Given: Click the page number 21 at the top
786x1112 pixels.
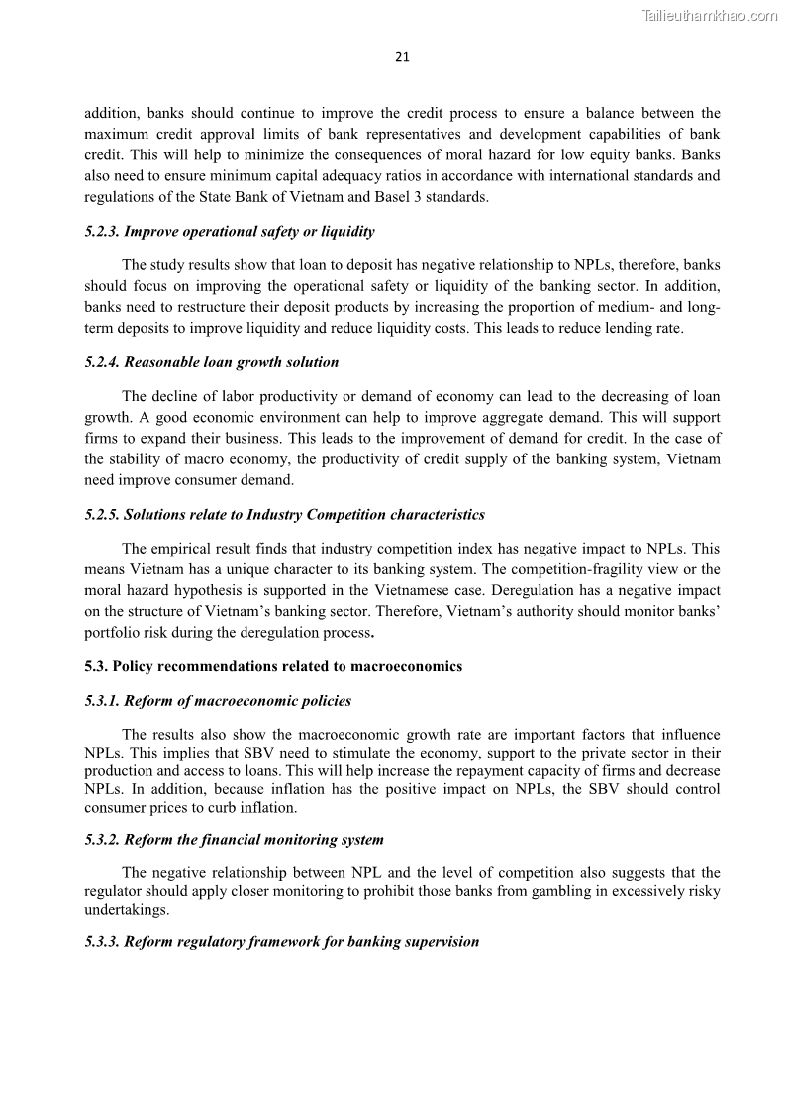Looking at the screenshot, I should [402, 57].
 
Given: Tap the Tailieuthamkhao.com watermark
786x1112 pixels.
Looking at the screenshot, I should [710, 15].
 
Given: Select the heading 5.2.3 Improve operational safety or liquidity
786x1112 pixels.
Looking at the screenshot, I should [230, 232].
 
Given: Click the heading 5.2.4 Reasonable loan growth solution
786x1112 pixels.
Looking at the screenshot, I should [212, 362].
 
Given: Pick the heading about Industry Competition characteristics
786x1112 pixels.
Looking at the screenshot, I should [285, 515].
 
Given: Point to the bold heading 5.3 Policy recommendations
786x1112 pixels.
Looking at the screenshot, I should [273, 666].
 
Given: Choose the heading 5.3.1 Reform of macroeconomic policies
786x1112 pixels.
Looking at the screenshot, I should [218, 701].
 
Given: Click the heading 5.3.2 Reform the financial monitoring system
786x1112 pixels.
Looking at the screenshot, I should [235, 840].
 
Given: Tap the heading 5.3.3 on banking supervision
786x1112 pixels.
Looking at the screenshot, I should [282, 942].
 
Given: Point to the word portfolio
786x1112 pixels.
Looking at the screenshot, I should [112, 633].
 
